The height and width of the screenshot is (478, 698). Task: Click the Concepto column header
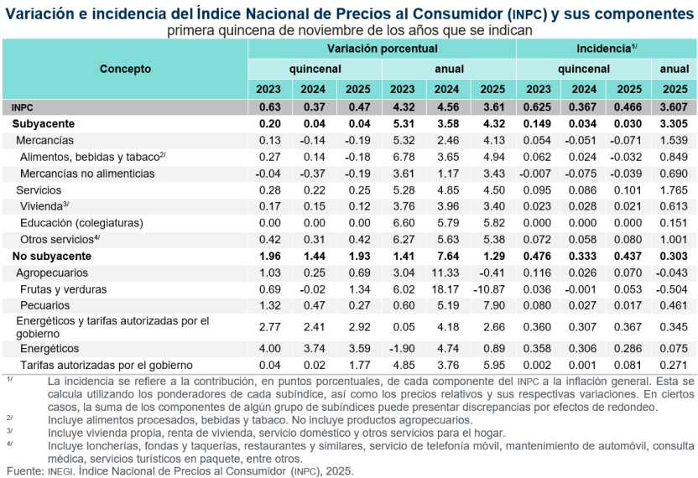click(125, 69)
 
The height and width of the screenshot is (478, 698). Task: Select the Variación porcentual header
click(382, 49)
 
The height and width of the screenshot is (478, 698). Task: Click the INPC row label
click(23, 107)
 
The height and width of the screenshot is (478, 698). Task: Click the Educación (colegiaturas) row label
click(82, 223)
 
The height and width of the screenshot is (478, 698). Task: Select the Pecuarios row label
click(44, 305)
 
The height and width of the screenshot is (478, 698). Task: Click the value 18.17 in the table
click(447, 289)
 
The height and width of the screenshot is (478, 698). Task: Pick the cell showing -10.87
click(491, 289)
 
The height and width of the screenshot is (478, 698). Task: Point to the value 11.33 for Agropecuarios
click(447, 273)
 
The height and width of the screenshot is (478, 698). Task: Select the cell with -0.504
click(673, 289)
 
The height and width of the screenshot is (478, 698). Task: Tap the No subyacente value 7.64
click(447, 256)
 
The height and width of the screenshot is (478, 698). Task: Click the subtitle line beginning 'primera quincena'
click(349, 30)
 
